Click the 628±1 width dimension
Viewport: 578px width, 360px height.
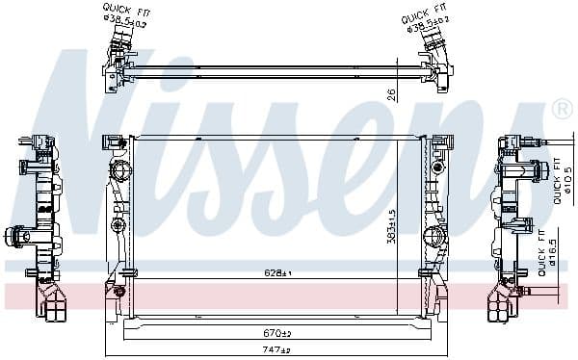pyautogui.click(x=277, y=274)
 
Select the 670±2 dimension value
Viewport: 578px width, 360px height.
pyautogui.click(x=277, y=333)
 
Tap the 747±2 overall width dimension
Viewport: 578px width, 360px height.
pyautogui.click(x=277, y=351)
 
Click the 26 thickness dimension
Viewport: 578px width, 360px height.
pyautogui.click(x=390, y=94)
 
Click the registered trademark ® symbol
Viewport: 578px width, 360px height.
pyautogui.click(x=562, y=112)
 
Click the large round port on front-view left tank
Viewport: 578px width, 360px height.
pyautogui.click(x=121, y=173)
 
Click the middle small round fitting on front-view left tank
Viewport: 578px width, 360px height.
pyautogui.click(x=118, y=226)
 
